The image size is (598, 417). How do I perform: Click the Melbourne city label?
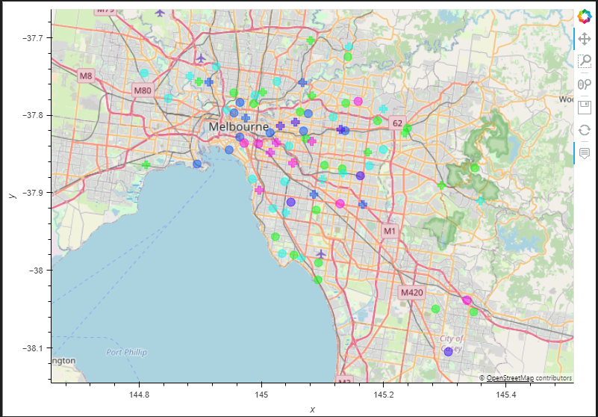[x=238, y=127]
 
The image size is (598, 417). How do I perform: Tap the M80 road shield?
[x=142, y=90]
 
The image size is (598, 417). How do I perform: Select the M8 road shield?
[x=86, y=75]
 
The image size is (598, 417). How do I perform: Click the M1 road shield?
[x=389, y=231]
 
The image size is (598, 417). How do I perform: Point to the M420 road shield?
[x=411, y=292]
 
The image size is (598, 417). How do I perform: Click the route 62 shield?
[x=397, y=123]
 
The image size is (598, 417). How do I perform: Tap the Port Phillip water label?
[x=126, y=352]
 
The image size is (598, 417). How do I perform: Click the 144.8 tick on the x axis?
[x=139, y=394]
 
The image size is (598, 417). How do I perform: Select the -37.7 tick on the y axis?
[x=36, y=37]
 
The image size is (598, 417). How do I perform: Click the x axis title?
[x=312, y=409]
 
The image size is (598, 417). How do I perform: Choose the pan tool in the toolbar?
[x=585, y=38]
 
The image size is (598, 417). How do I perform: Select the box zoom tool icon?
[x=585, y=61]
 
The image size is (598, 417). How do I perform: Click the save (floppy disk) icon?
[x=585, y=108]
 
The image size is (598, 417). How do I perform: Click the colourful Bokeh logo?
[x=585, y=15]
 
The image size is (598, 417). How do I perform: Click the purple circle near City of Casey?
[x=448, y=351]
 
